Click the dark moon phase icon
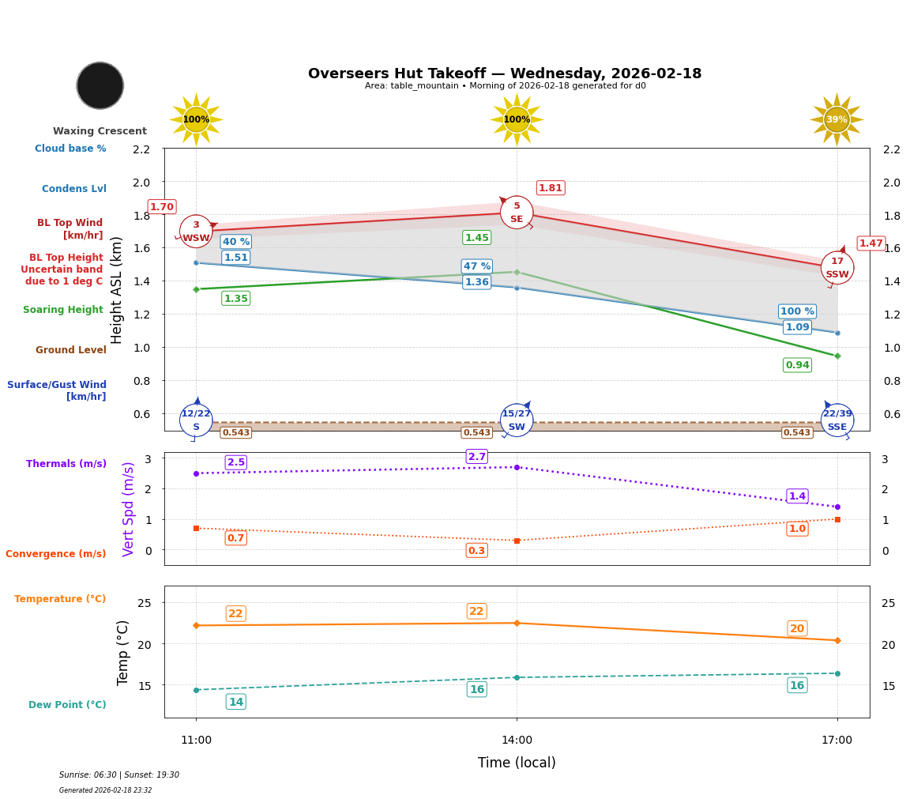pyautogui.click(x=100, y=85)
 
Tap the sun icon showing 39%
pyautogui.click(x=836, y=119)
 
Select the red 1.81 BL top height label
pyautogui.click(x=550, y=187)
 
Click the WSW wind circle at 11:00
pyautogui.click(x=196, y=232)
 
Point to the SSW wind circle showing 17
pyautogui.click(x=836, y=268)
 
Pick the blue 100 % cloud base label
pyautogui.click(x=797, y=311)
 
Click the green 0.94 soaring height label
pyautogui.click(x=797, y=364)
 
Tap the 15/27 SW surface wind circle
pyautogui.click(x=517, y=420)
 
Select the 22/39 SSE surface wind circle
pyautogui.click(x=836, y=420)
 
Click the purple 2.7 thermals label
pyautogui.click(x=477, y=457)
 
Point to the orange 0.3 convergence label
pyautogui.click(x=476, y=551)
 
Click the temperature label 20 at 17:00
pyautogui.click(x=797, y=628)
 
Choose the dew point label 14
pyautogui.click(x=235, y=702)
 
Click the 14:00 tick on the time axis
pyautogui.click(x=517, y=740)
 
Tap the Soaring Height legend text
pyautogui.click(x=63, y=310)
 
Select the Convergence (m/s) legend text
pyautogui.click(x=56, y=554)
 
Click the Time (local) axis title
pyautogui.click(x=517, y=763)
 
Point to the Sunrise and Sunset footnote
pyautogui.click(x=119, y=775)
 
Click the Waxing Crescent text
pyautogui.click(x=100, y=131)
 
